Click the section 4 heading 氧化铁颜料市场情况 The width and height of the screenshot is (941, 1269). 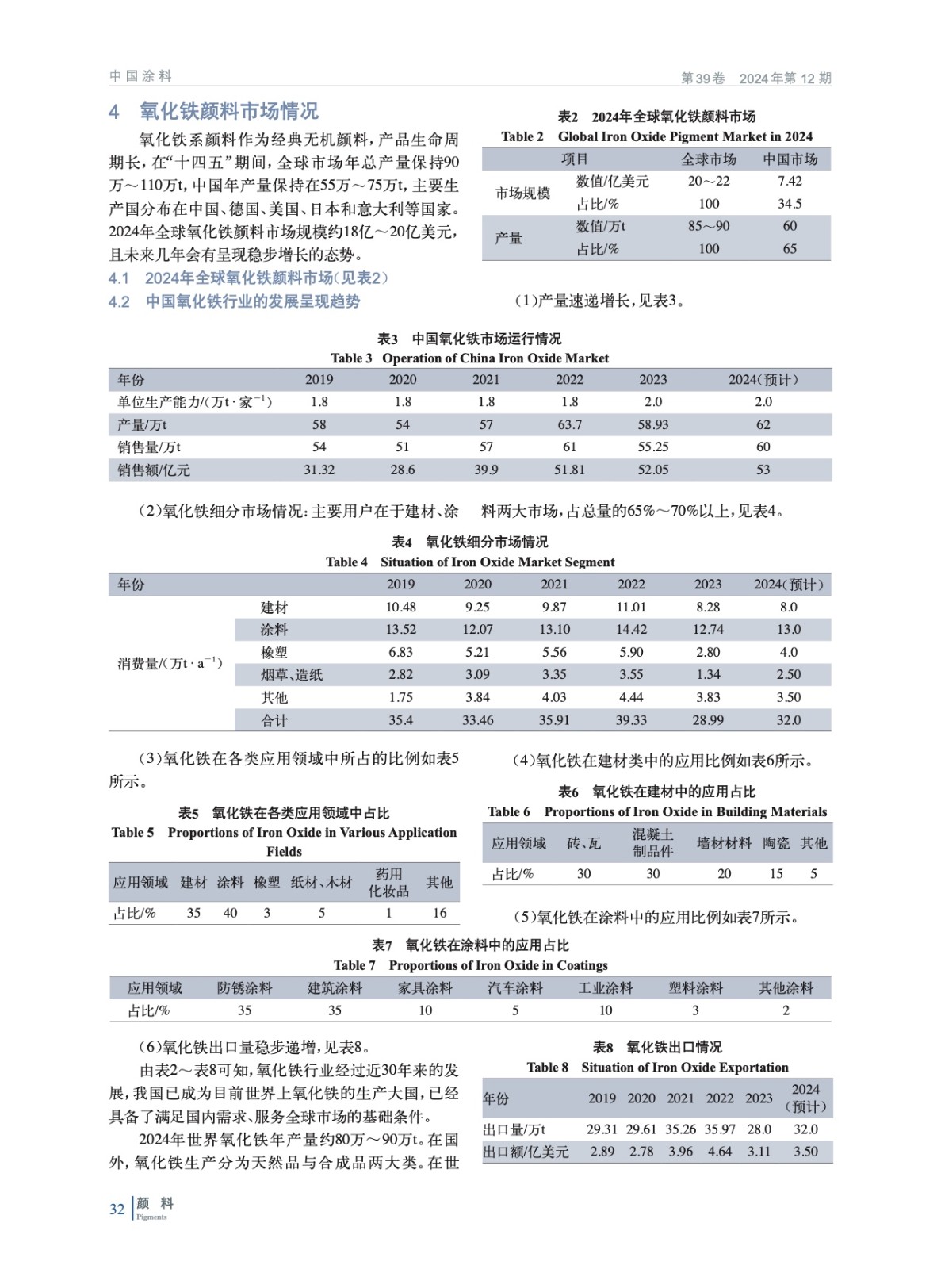click(229, 111)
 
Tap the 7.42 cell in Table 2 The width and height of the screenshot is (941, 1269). click(790, 181)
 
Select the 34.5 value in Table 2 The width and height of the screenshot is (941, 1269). click(790, 204)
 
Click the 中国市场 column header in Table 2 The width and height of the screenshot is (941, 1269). click(790, 159)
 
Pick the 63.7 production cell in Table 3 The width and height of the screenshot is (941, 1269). click(569, 424)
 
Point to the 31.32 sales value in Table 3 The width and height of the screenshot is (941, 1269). click(319, 470)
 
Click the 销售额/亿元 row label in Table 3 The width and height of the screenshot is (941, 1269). click(154, 470)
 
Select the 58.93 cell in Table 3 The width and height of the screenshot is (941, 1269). click(653, 424)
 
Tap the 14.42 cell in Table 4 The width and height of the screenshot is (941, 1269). click(631, 629)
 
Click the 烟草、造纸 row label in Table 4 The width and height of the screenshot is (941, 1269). click(292, 675)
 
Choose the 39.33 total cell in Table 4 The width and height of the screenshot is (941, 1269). click(631, 720)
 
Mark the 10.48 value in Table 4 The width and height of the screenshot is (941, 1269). click(400, 607)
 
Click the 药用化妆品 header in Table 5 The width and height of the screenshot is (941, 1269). click(388, 882)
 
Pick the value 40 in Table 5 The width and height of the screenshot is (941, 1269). click(230, 913)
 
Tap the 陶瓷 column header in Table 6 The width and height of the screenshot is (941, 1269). click(776, 843)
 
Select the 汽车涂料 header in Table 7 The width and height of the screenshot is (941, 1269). click(515, 987)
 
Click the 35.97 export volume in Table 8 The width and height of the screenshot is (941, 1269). click(720, 1129)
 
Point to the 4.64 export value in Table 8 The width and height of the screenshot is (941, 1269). click(720, 1151)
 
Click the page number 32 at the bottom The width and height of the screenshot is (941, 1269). click(117, 1209)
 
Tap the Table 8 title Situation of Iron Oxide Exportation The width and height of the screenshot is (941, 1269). click(685, 1067)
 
